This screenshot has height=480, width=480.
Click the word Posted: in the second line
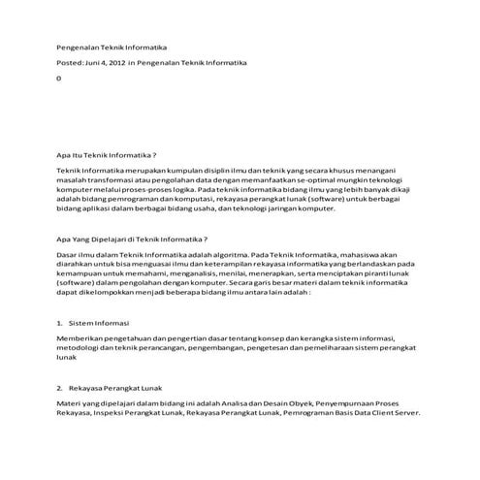71,62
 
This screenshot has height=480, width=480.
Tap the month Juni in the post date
96,62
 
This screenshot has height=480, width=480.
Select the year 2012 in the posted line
118,62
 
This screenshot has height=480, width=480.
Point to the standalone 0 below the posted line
59,78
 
